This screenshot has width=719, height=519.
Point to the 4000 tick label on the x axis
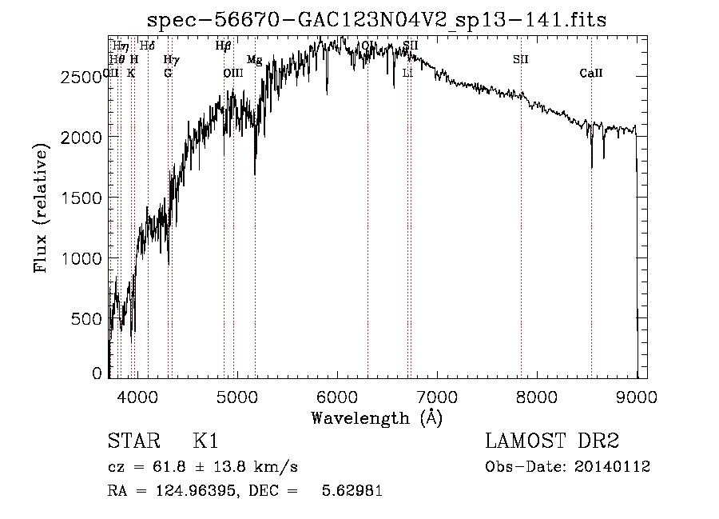pos(137,396)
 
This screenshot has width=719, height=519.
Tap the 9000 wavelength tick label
pos(636,396)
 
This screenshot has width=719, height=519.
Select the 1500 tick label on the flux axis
pos(84,198)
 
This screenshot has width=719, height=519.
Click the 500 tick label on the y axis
pos(89,318)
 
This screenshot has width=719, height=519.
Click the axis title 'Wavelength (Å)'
pos(375,417)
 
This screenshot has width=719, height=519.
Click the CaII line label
pos(591,74)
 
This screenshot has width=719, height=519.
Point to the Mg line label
pos(254,60)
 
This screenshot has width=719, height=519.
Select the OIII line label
pos(232,74)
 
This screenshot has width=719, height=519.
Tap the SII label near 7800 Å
pos(521,59)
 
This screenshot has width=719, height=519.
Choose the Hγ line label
pos(171,60)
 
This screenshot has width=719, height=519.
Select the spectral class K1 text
pos(206,441)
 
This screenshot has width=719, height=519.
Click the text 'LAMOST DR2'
pos(552,441)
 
